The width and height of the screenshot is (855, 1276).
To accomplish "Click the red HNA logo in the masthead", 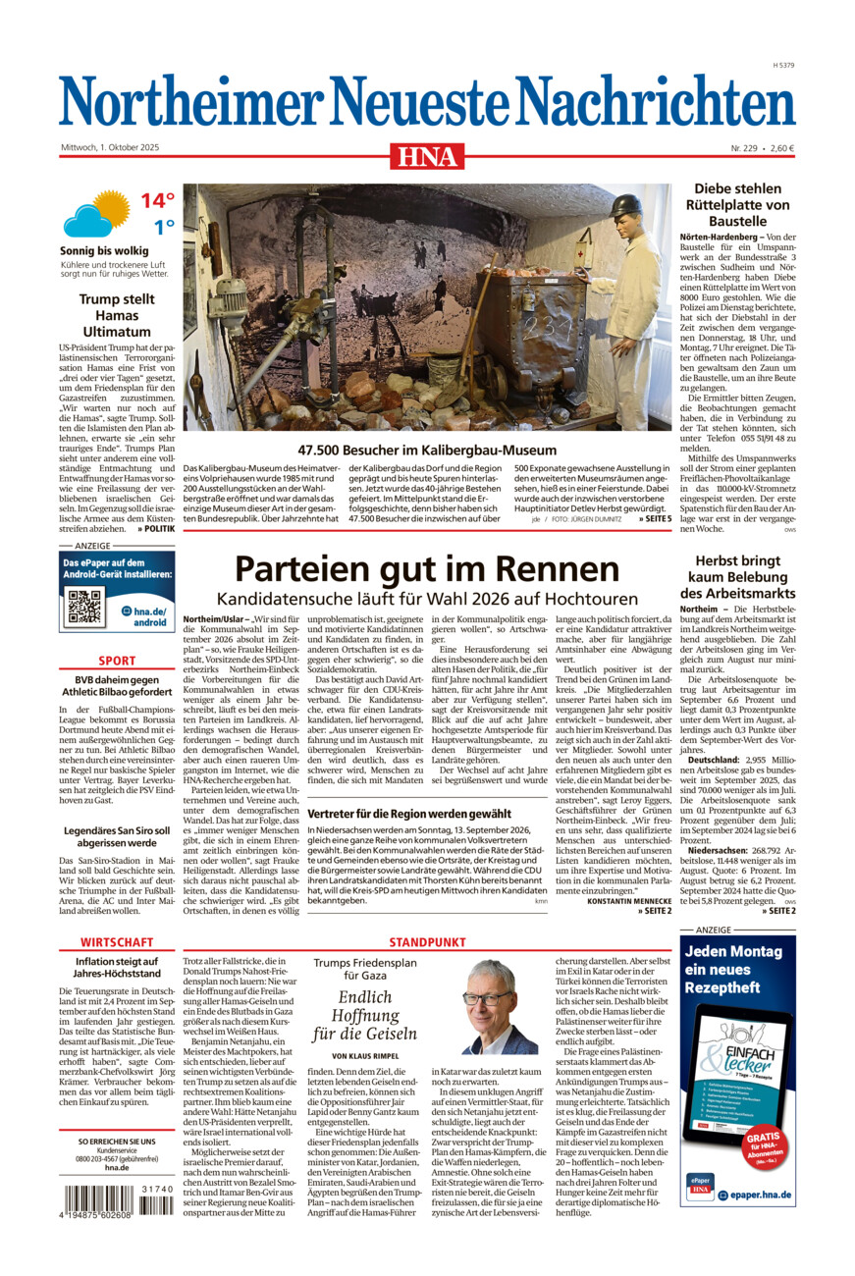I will coord(427,155).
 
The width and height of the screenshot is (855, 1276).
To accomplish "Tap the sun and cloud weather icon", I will coord(96,213).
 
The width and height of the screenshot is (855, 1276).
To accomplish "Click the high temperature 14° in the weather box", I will coord(156,201).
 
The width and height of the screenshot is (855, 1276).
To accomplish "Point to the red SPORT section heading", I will coord(117,661).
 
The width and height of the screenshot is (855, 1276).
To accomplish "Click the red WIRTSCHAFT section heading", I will coord(117,942).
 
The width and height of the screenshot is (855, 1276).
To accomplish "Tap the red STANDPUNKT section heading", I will coord(427,942).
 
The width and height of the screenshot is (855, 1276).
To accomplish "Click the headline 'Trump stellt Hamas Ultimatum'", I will coord(117,316).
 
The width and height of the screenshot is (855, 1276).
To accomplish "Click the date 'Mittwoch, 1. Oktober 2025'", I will coord(110,147).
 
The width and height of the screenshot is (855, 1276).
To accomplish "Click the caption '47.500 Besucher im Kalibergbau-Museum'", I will coord(427,450).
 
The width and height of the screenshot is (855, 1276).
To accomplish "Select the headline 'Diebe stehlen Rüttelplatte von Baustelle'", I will coord(741,205).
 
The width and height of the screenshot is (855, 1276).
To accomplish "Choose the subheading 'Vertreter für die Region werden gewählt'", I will coord(409,814).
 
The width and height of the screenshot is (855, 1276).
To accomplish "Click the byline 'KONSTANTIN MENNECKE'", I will coord(626,901).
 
